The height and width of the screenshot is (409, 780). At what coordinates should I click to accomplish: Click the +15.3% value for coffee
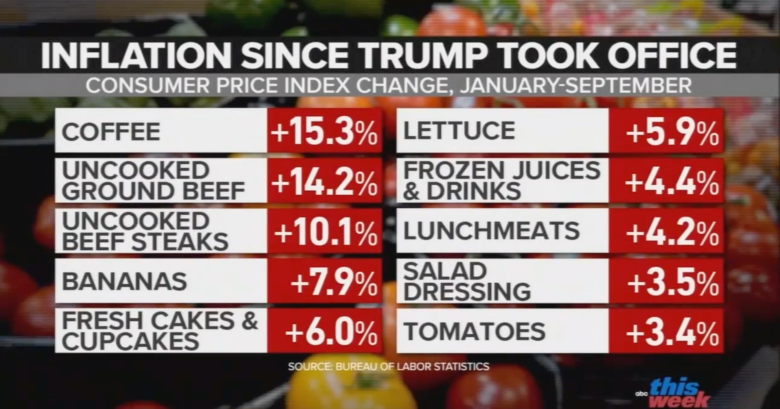point(325,132)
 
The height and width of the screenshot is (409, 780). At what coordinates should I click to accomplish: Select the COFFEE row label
point(111,132)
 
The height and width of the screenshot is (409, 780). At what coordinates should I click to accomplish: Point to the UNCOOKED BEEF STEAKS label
point(145,231)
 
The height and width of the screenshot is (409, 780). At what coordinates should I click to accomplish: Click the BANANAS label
point(124,282)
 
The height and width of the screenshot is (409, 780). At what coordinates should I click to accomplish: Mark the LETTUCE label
point(459,131)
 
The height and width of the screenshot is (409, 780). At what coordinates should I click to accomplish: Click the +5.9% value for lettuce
point(672,133)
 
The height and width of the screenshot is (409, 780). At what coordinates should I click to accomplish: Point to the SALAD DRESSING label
point(467,281)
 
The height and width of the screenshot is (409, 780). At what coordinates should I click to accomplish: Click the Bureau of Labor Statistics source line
point(389,367)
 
